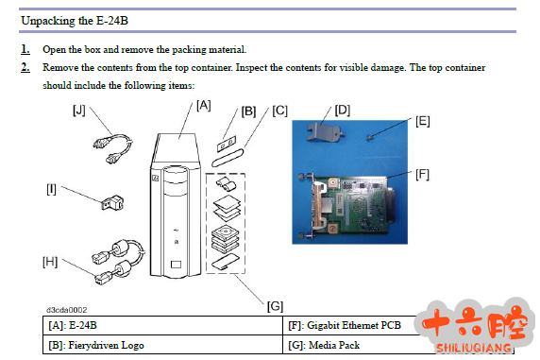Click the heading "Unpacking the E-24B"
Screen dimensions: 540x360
75,21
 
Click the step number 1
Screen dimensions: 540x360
25,49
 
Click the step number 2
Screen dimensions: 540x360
25,67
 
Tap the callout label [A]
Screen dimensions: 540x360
204,105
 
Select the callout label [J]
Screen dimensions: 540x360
79,111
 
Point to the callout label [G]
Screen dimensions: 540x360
275,306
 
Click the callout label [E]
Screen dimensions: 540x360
423,121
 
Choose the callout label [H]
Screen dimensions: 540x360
50,262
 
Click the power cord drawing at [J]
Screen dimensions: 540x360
113,148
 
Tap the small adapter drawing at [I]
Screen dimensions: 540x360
112,202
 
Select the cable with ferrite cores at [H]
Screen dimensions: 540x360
118,262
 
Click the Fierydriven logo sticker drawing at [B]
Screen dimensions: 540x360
227,144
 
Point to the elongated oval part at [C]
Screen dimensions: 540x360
228,158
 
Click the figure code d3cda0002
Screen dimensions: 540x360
67,310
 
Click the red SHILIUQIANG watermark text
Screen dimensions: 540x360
474,348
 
